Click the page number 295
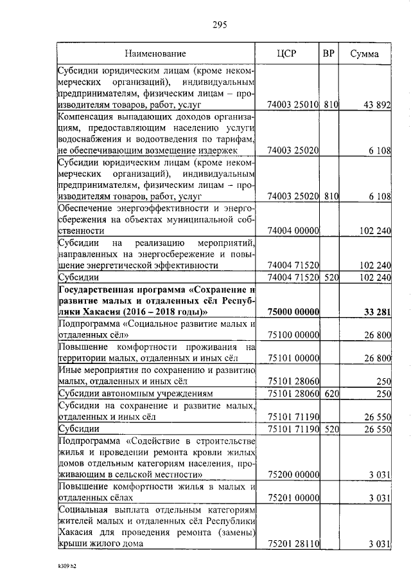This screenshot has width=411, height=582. click(x=220, y=25)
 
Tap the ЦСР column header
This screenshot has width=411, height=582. click(x=288, y=53)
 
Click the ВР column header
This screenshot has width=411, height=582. click(x=328, y=53)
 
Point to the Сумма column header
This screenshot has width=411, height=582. click(x=364, y=53)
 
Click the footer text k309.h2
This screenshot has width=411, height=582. click(x=66, y=567)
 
